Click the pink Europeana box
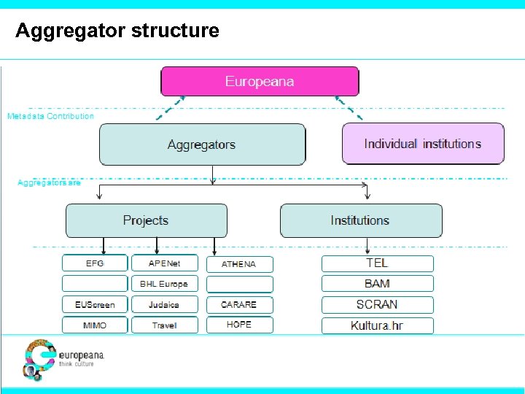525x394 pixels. pyautogui.click(x=260, y=82)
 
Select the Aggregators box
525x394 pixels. pyautogui.click(x=202, y=144)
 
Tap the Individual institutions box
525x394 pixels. pyautogui.click(x=423, y=144)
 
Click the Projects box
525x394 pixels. pyautogui.click(x=146, y=220)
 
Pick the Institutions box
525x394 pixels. pyautogui.click(x=361, y=220)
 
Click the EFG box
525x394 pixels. pyautogui.click(x=95, y=263)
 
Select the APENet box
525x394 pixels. pyautogui.click(x=164, y=263)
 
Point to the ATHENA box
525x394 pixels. pyautogui.click(x=239, y=264)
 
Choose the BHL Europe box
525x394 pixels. pyautogui.click(x=164, y=284)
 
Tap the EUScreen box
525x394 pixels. pyautogui.click(x=95, y=304)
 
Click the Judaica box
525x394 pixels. pyautogui.click(x=164, y=304)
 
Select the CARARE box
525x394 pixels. pyautogui.click(x=239, y=304)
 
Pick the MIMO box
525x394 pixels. pyautogui.click(x=95, y=325)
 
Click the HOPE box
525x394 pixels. pyautogui.click(x=239, y=325)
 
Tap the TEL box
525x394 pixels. pyautogui.click(x=377, y=263)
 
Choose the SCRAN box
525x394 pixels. pyautogui.click(x=377, y=304)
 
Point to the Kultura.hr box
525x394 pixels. pyautogui.click(x=377, y=325)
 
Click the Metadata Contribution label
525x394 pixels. pyautogui.click(x=50, y=116)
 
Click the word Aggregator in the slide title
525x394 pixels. pyautogui.click(x=70, y=31)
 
